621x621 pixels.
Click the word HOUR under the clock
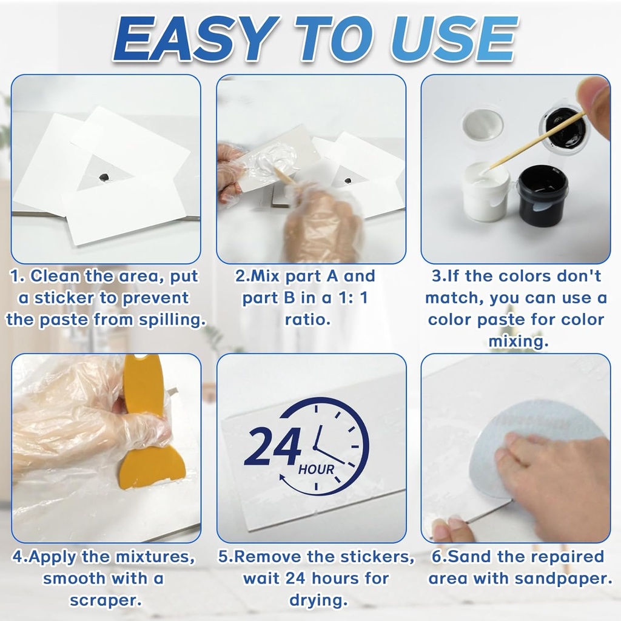coord(316,469)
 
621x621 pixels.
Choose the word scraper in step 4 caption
coord(106,600)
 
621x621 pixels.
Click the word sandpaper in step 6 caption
coord(562,578)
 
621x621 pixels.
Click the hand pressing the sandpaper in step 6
coord(552,479)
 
